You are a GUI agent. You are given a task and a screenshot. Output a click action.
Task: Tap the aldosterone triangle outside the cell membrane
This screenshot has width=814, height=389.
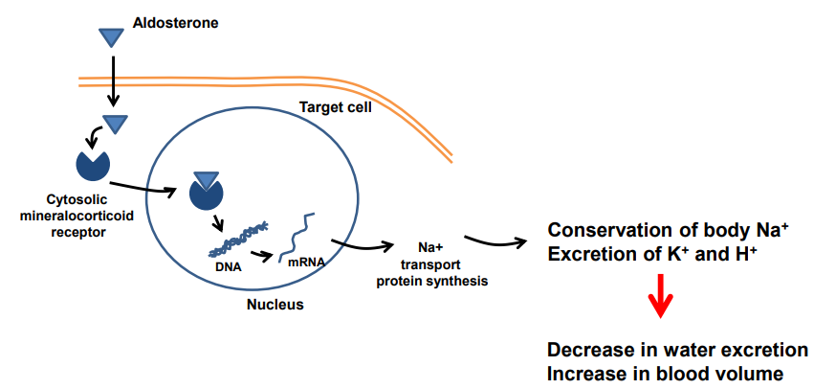click(x=112, y=36)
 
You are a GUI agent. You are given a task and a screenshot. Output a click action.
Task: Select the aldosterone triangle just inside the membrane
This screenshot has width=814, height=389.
click(x=116, y=124)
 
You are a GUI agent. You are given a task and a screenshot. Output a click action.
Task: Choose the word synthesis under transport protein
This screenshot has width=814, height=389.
click(x=461, y=282)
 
